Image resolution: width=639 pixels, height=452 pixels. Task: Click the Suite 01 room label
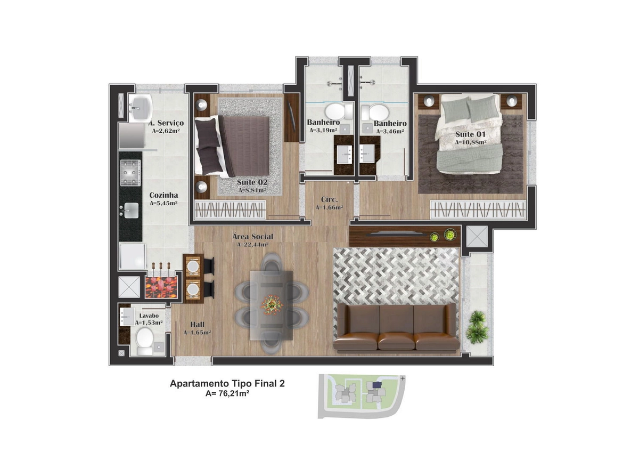[470, 134]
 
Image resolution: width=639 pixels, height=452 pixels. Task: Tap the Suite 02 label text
[252, 182]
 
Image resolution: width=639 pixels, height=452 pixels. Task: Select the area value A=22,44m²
[253, 245]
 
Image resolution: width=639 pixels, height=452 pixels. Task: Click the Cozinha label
[164, 195]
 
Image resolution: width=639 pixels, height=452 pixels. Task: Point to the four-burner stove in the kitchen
[130, 173]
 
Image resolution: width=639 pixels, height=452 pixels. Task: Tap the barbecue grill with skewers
[161, 284]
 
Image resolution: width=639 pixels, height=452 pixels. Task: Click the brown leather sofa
[397, 327]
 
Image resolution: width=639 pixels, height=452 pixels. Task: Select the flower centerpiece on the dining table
[272, 305]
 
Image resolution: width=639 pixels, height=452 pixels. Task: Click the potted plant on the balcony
[477, 327]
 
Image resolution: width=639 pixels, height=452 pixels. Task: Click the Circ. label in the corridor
[329, 199]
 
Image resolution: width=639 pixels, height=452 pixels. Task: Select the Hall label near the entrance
[197, 325]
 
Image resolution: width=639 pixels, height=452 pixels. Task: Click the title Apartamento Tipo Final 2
[227, 383]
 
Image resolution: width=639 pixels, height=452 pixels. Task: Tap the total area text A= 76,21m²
[227, 393]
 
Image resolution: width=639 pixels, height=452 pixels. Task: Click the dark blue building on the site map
[377, 385]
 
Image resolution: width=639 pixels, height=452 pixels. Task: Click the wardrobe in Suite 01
[478, 209]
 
